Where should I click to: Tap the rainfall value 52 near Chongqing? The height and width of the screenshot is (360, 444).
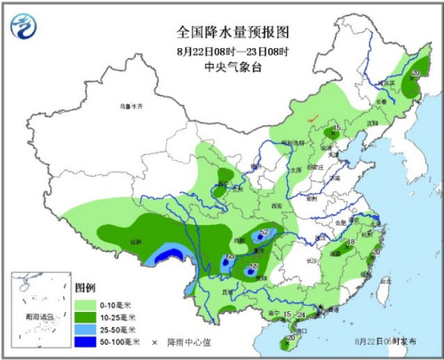coord(264,234)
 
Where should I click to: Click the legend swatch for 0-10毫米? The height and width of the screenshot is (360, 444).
coord(87,304)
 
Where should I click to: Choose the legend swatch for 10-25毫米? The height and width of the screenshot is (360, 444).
coord(87,316)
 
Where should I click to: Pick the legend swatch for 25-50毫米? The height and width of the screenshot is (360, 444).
coord(87,329)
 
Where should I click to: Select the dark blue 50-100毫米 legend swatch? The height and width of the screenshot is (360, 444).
coord(87,341)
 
